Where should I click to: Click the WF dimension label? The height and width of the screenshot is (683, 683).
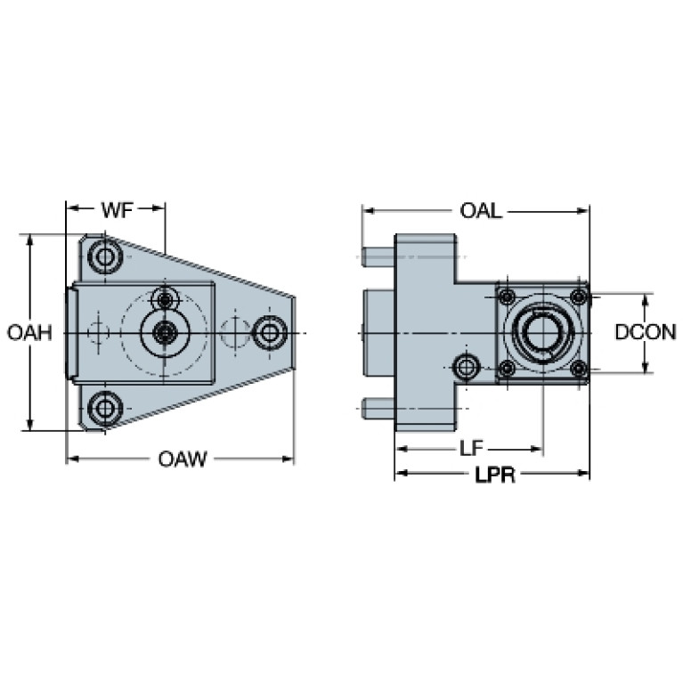(118, 210)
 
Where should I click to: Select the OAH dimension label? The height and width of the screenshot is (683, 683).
(29, 333)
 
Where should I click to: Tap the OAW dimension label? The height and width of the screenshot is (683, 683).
(183, 459)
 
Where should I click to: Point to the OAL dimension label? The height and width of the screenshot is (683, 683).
(481, 211)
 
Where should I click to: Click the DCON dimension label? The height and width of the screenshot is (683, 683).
(646, 332)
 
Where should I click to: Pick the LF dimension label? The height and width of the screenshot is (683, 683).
(472, 448)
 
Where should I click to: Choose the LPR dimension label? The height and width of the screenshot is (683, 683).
(495, 475)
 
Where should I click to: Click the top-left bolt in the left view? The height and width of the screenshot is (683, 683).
(105, 256)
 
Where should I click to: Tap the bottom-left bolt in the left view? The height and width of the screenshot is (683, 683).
(105, 409)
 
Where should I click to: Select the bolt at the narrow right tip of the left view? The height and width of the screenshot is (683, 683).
(270, 333)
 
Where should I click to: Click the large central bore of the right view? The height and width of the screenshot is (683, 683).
(543, 333)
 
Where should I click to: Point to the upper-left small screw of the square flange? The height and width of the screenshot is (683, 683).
(507, 297)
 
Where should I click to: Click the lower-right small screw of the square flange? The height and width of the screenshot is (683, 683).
(579, 369)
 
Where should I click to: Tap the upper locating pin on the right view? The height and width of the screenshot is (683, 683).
(378, 257)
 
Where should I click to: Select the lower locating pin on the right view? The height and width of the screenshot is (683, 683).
(378, 409)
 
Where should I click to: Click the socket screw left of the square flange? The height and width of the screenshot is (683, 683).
(467, 367)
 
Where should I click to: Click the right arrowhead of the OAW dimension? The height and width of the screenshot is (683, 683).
(289, 459)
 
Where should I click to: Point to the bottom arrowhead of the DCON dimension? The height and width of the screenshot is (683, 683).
(646, 367)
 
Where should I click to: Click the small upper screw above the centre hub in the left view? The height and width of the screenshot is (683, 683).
(165, 299)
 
